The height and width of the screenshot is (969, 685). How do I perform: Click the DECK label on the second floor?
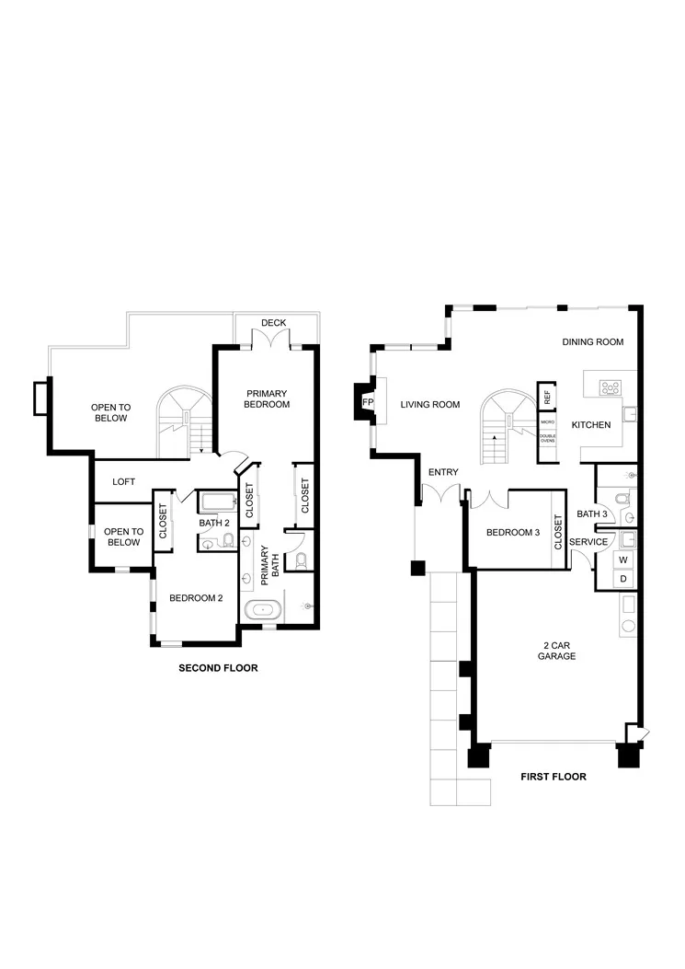(x=273, y=323)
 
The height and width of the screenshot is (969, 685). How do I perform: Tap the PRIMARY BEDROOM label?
(x=268, y=398)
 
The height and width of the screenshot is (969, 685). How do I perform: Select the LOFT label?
(x=124, y=481)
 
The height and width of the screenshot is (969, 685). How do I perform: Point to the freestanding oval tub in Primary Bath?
(x=264, y=609)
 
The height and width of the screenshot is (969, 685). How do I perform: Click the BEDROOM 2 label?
(x=196, y=598)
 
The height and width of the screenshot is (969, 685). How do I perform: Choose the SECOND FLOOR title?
(x=218, y=668)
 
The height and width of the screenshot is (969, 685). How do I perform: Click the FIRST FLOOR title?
(x=554, y=777)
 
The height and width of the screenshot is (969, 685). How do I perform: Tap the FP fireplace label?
(x=368, y=403)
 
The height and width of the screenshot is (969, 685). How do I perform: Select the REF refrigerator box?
(x=547, y=397)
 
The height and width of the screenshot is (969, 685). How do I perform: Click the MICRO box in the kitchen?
(x=547, y=421)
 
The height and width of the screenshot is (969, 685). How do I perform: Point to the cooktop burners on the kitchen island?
(x=610, y=387)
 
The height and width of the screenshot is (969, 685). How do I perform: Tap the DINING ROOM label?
(x=593, y=342)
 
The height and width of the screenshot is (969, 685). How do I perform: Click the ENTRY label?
(x=443, y=472)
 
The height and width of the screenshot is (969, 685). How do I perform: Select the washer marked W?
(x=622, y=559)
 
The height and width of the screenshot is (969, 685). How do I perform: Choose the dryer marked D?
(x=622, y=578)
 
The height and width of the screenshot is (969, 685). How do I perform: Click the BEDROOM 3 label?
(x=513, y=532)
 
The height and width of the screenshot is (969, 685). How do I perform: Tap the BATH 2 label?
(x=214, y=524)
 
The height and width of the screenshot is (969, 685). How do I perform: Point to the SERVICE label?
(x=588, y=542)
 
